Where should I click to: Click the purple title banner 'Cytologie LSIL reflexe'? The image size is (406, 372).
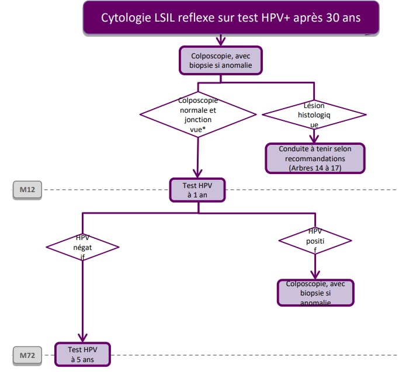[231, 18]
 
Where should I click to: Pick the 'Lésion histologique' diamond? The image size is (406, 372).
[314, 114]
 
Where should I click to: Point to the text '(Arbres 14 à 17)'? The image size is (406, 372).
[316, 168]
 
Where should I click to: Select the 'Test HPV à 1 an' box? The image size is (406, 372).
[198, 190]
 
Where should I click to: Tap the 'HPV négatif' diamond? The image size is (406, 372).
[82, 246]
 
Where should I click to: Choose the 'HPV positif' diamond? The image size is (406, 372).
[315, 239]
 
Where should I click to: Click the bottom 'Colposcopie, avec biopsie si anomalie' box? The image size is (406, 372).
[315, 293]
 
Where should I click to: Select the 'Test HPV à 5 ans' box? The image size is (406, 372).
[82, 354]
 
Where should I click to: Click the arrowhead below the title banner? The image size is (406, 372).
[221, 41]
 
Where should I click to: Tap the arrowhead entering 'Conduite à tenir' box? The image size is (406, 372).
[314, 139]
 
